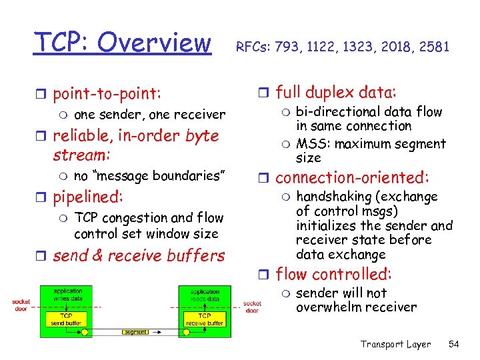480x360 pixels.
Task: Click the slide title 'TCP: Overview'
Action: click(x=123, y=42)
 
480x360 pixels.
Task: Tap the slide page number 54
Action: click(x=455, y=344)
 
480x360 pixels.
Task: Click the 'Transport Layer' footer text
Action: click(x=395, y=344)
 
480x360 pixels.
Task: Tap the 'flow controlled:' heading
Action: click(x=334, y=274)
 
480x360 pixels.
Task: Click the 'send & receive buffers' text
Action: click(x=139, y=256)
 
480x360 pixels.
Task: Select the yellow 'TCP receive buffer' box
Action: click(x=205, y=319)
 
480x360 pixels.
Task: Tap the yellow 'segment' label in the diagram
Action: click(x=135, y=331)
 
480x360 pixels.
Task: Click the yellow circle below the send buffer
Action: click(x=85, y=331)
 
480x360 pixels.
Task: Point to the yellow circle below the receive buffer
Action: click(x=187, y=331)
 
